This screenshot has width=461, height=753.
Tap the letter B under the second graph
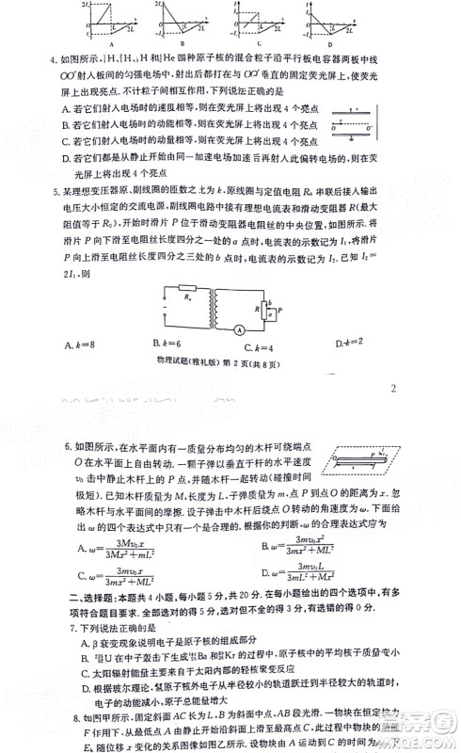181,44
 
